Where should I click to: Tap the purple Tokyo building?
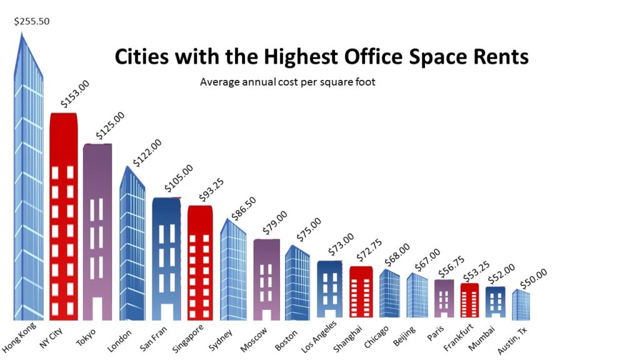click(97, 231)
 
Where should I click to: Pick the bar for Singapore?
click(201, 262)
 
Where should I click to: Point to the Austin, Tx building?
click(521, 305)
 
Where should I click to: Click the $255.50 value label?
click(31, 21)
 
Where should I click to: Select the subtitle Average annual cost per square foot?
click(287, 82)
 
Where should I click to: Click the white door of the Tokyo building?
click(97, 308)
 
